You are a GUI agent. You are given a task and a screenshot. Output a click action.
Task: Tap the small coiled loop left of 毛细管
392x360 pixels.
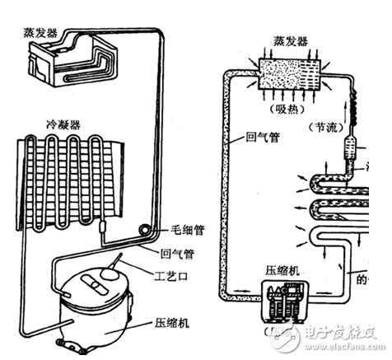point(146,226)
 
